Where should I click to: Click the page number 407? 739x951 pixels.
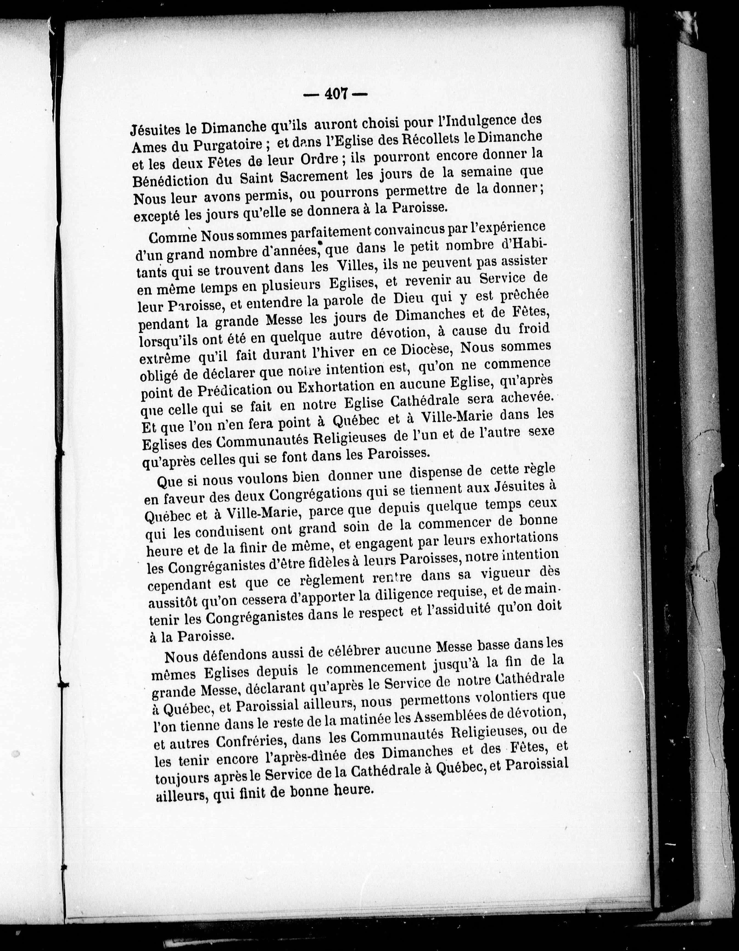coord(335,94)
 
